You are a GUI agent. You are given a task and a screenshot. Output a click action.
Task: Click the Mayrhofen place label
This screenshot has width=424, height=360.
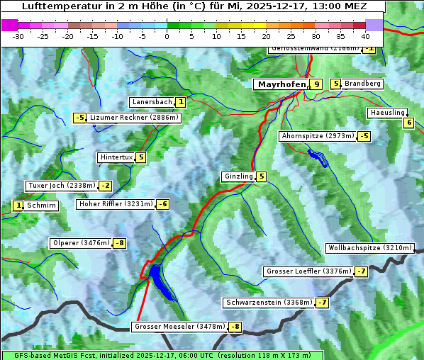pyautogui.click(x=281, y=84)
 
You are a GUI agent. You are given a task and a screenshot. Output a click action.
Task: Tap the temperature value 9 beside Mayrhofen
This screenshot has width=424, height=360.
pyautogui.click(x=316, y=84)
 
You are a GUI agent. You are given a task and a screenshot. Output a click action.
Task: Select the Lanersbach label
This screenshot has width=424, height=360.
pyautogui.click(x=152, y=102)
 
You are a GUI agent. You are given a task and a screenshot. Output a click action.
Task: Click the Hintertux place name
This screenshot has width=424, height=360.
pyautogui.click(x=116, y=157)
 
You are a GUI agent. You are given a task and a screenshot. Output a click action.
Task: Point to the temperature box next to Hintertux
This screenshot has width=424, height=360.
pyautogui.click(x=140, y=157)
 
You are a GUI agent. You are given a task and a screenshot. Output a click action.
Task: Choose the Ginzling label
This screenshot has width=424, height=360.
pyautogui.click(x=238, y=176)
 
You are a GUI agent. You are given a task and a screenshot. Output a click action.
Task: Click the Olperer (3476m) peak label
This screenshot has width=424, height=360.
pyautogui.click(x=81, y=243)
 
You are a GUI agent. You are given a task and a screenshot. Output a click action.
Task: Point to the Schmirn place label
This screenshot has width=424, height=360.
pyautogui.click(x=42, y=206)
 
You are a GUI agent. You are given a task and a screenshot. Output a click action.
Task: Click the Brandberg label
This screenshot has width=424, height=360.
pyautogui.click(x=362, y=84)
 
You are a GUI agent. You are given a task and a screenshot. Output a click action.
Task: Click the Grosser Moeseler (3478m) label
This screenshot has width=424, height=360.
pyautogui.click(x=179, y=327)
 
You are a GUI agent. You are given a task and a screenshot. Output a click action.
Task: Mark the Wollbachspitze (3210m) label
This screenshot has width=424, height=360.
pyautogui.click(x=369, y=248)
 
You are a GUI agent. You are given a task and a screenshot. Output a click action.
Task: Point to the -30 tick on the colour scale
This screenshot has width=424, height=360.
pyautogui.click(x=18, y=36)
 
